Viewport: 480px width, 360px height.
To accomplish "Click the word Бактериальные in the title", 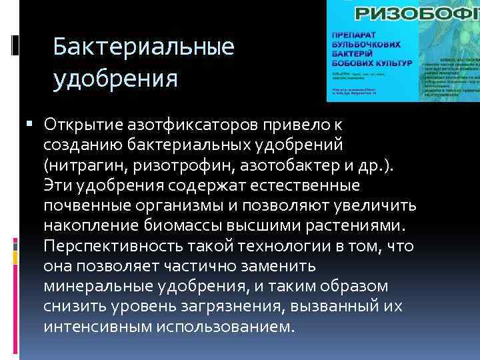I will pyautogui.click(x=143, y=47).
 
